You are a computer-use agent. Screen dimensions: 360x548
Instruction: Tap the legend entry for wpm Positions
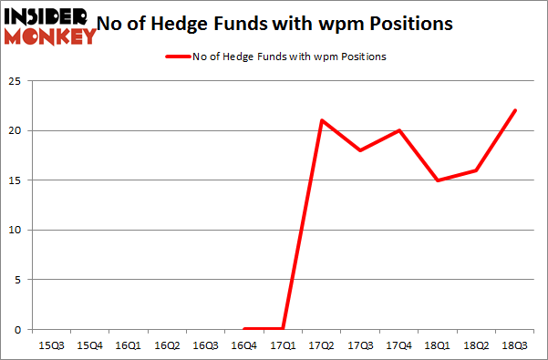coord(274,57)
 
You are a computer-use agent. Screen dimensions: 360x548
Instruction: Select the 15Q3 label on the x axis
coord(51,345)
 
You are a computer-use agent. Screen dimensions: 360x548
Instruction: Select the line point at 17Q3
coord(361,150)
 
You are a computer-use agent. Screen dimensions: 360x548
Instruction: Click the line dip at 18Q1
coord(439,180)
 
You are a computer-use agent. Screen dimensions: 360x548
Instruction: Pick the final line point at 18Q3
coord(516,110)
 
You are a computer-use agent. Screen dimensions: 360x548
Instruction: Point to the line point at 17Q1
coord(284,328)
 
